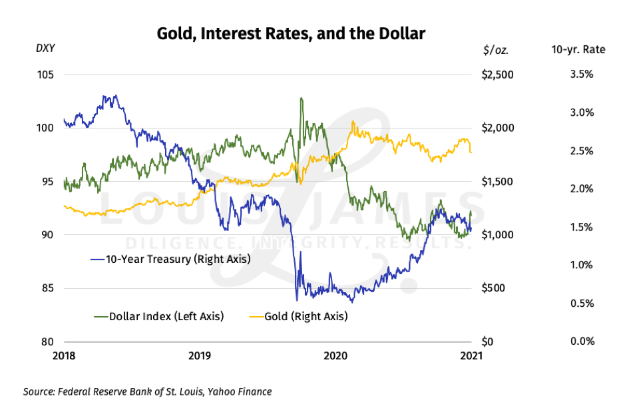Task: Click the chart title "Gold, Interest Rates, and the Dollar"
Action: (290, 33)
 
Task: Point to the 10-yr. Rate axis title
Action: (578, 49)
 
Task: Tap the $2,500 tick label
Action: (497, 74)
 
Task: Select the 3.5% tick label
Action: (581, 74)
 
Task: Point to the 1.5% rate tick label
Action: (581, 227)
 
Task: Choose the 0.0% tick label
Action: (581, 341)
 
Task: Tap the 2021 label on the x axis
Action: (470, 356)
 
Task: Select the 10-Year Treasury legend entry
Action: (170, 259)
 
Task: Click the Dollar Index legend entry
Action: (159, 316)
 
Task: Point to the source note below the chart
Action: (147, 391)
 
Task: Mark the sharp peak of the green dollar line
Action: (302, 99)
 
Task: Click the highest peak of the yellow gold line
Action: (353, 122)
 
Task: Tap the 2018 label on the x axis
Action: (65, 356)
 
